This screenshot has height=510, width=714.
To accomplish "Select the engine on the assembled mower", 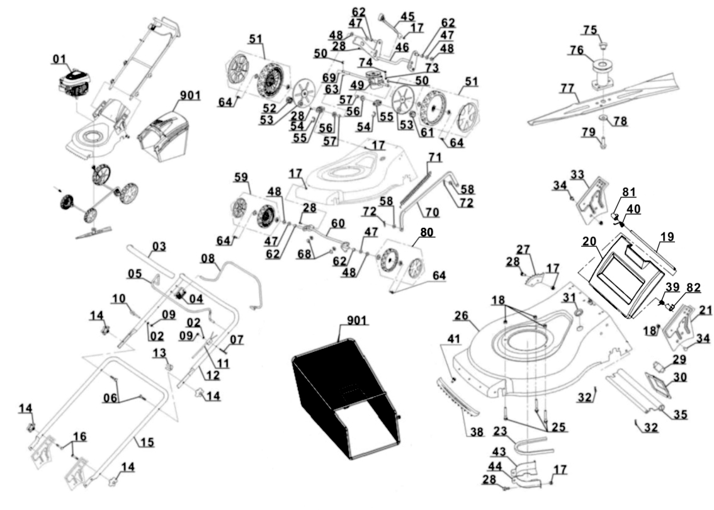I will tap(75, 86).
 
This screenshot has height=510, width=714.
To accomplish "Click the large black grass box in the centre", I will tap(343, 403).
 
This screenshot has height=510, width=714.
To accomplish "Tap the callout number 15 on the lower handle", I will tap(146, 443).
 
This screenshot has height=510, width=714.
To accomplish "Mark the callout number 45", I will tap(407, 15).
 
